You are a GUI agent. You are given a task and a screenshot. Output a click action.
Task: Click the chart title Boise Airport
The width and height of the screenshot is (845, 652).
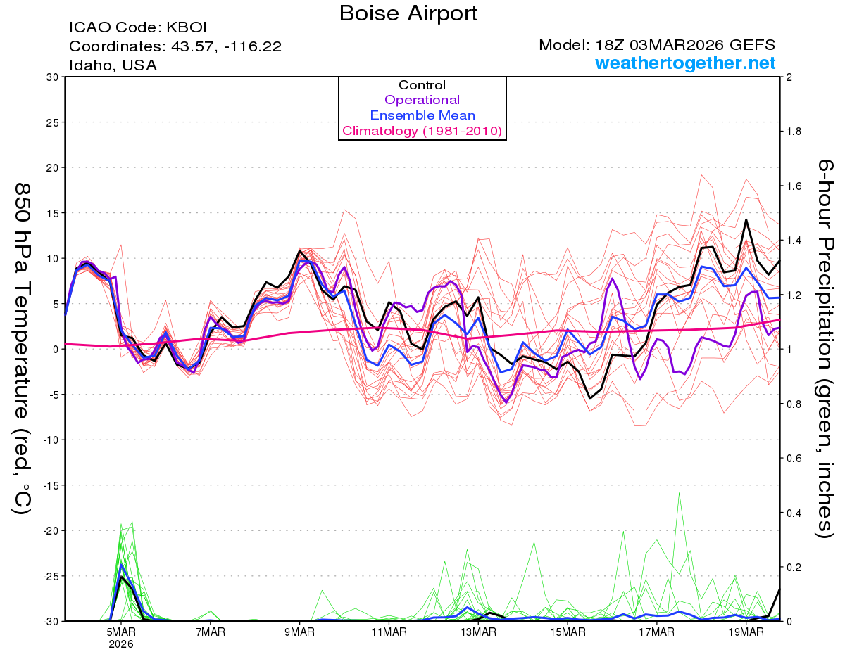[408, 13]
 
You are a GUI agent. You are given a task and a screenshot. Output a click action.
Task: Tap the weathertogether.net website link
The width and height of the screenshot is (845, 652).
[685, 63]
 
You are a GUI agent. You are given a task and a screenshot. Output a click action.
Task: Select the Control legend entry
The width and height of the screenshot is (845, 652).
[422, 85]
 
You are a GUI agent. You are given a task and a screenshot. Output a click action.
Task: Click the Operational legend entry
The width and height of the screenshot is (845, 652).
[422, 100]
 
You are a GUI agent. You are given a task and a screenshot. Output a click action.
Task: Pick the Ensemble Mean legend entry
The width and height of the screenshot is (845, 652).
[422, 115]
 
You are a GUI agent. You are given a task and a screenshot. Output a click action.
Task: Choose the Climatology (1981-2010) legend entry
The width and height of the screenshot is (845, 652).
[422, 131]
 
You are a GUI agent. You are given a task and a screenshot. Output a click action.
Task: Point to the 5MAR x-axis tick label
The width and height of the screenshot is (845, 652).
[121, 632]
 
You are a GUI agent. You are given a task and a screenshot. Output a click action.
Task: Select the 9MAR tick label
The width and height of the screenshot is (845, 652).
[299, 632]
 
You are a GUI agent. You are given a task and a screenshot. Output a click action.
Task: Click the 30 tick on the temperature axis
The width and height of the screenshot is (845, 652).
[52, 77]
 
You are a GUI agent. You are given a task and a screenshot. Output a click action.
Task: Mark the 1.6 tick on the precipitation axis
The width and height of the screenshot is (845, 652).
[794, 186]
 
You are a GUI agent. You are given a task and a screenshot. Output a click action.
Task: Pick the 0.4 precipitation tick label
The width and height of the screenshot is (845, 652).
[794, 513]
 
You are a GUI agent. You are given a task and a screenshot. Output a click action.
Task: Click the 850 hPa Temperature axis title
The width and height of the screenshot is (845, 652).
[23, 348]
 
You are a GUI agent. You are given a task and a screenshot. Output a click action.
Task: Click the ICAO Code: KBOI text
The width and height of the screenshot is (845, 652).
[137, 28]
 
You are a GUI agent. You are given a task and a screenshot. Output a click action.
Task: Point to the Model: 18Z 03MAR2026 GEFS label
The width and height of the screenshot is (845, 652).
[657, 45]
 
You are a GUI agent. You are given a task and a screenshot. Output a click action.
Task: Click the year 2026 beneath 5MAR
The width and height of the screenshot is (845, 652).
[121, 644]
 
